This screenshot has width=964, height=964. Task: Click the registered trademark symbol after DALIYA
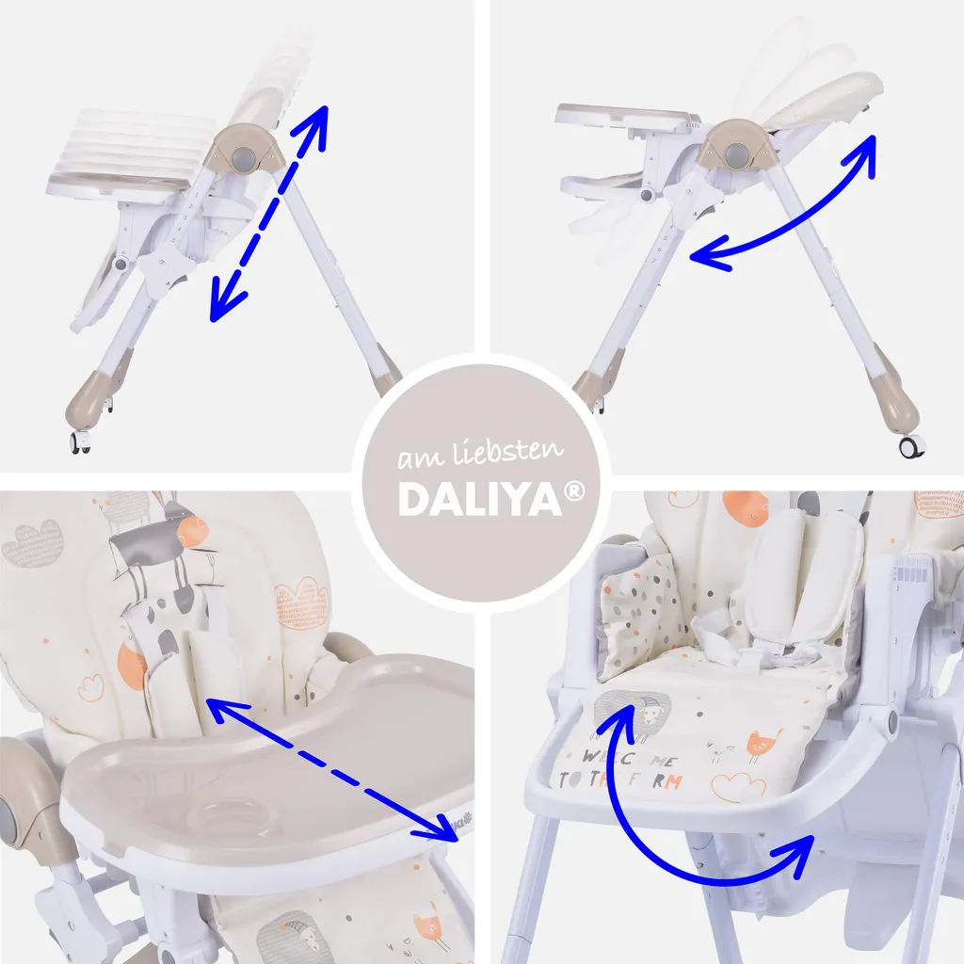[575, 490]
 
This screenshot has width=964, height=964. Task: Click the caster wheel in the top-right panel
[909, 446]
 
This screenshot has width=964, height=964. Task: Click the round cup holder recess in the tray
[226, 812]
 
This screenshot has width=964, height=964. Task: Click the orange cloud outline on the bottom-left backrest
[300, 602]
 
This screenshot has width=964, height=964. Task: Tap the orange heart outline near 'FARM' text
[738, 785]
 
